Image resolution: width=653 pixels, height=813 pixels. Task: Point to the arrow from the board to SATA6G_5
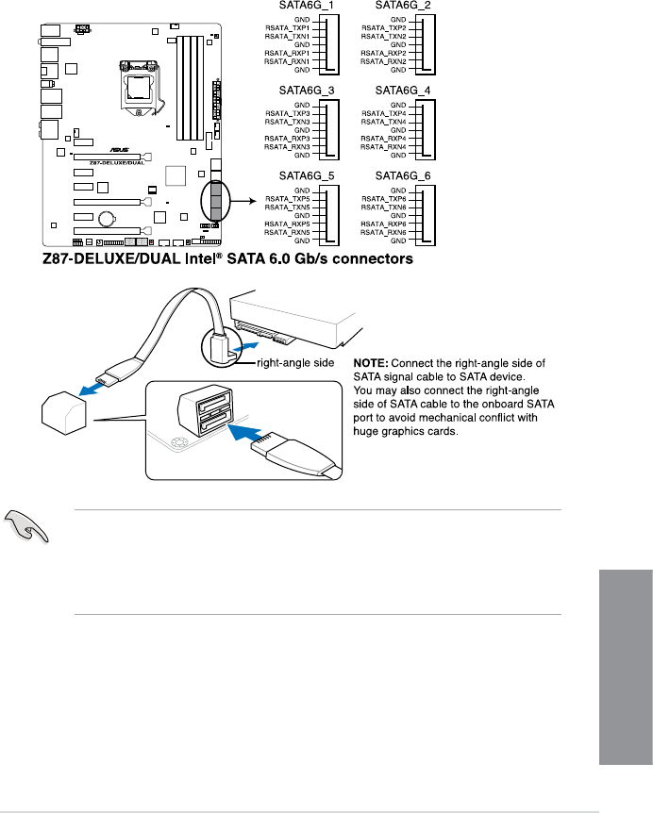243,201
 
